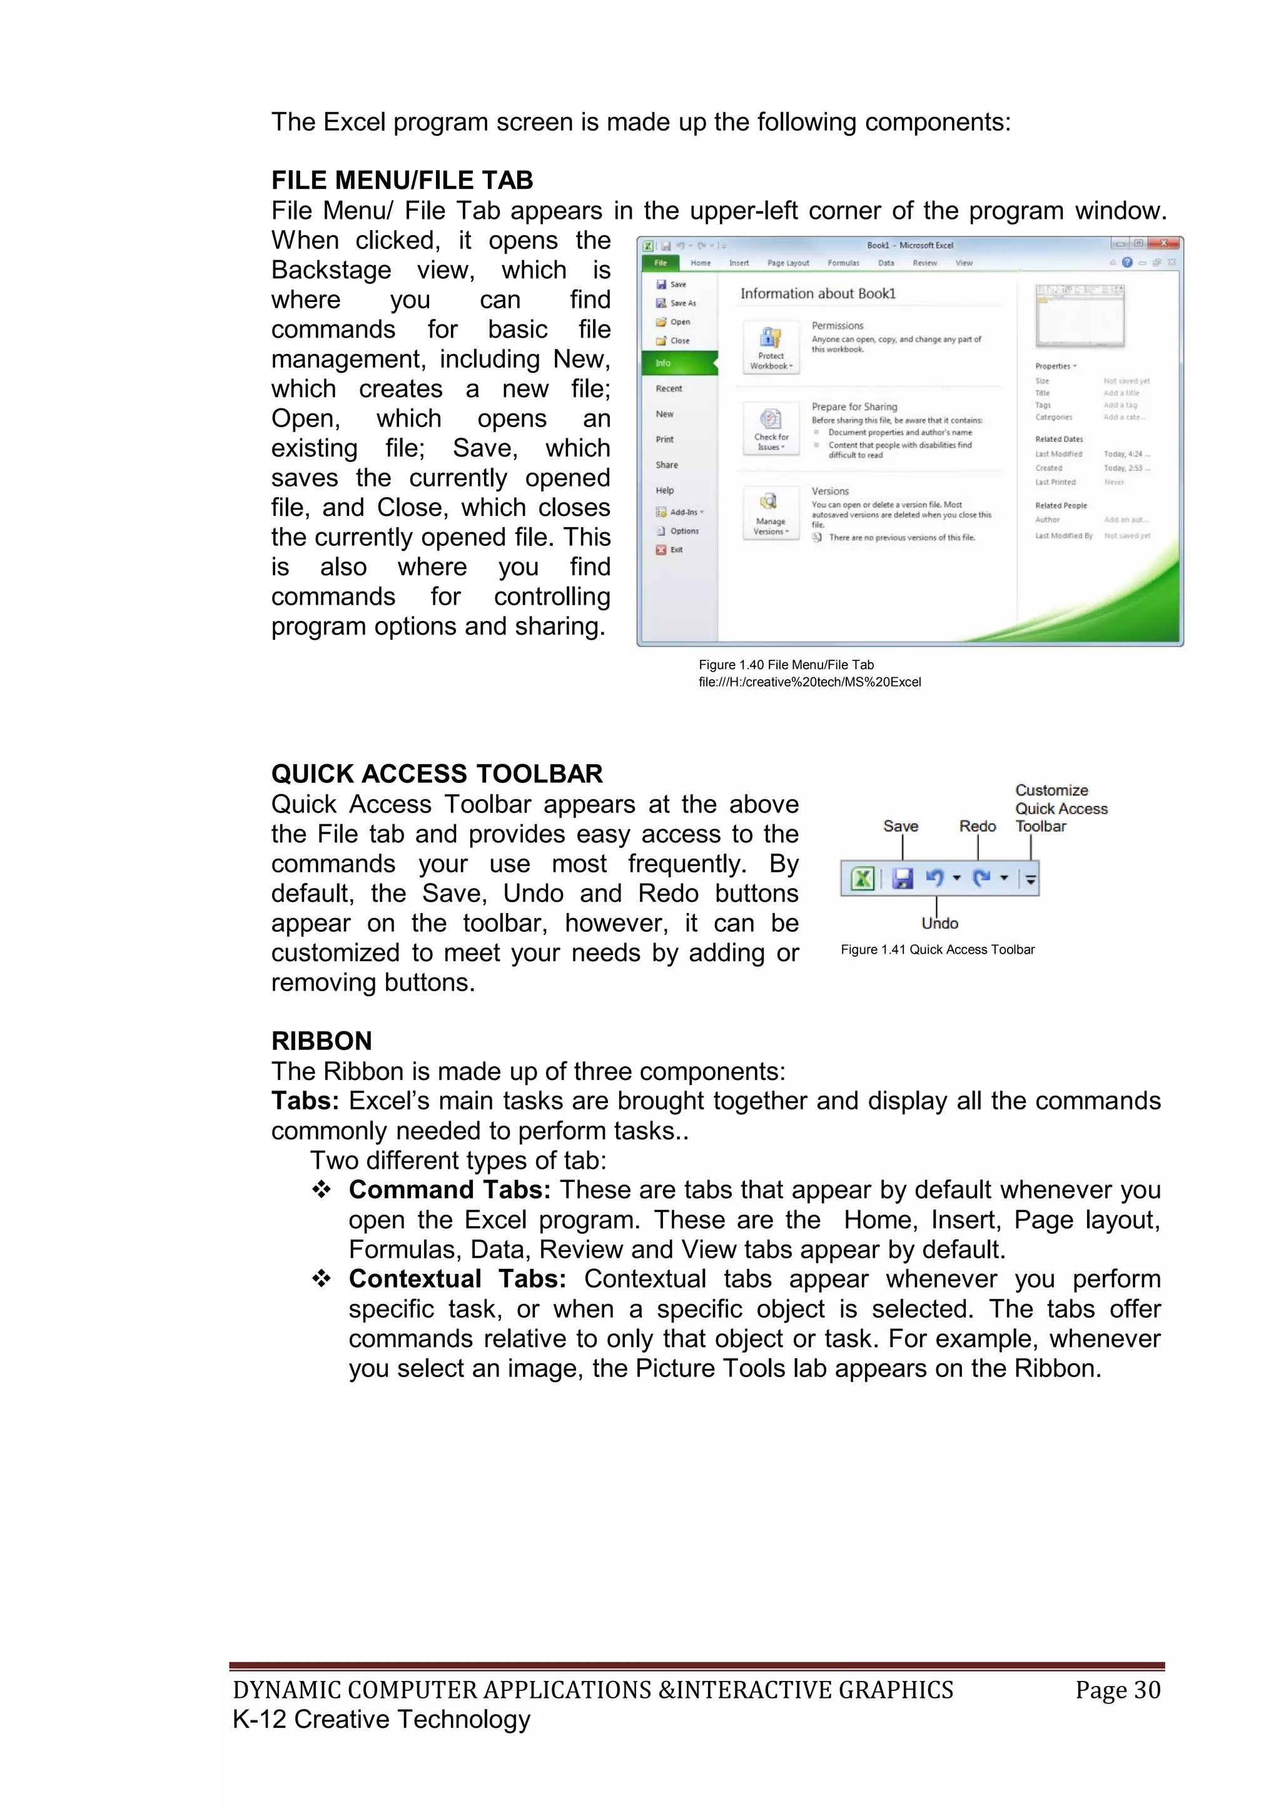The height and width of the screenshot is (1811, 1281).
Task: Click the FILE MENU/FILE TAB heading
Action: pos(402,181)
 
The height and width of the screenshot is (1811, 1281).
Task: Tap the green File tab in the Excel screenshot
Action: pos(661,263)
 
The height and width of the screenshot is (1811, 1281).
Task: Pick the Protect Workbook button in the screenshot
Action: pos(771,348)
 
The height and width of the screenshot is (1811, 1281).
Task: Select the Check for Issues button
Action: pos(771,429)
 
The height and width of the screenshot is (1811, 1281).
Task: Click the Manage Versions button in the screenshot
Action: pos(771,513)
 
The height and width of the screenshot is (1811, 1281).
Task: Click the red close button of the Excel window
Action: pos(1163,244)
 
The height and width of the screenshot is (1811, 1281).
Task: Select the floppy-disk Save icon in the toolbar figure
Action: pos(903,878)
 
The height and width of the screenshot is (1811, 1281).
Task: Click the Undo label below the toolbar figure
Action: pos(939,924)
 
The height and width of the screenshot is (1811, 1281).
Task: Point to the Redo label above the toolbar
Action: pos(977,826)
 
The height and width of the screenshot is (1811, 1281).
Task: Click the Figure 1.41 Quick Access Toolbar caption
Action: pos(937,950)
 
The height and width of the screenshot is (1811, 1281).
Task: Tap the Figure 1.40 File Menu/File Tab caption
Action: pos(786,665)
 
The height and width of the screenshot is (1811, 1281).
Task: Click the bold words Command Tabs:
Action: pos(450,1189)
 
